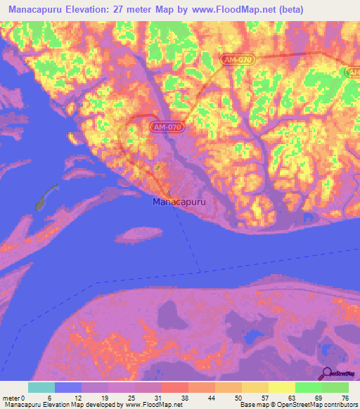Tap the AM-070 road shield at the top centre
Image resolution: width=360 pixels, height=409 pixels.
[238, 62]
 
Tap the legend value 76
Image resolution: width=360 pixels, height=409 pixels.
[345, 397]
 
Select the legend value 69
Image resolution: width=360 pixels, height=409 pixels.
[319, 397]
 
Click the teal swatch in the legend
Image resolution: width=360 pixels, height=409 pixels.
[41, 387]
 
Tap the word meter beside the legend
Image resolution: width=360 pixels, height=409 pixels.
[11, 397]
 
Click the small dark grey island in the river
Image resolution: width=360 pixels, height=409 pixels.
[46, 196]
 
